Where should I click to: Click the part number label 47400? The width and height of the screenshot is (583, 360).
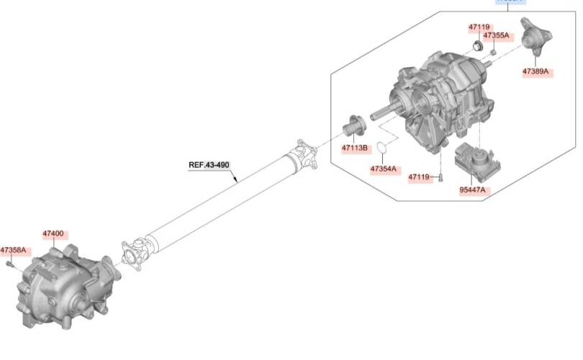[53, 234]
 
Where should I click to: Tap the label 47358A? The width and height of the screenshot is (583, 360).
[13, 250]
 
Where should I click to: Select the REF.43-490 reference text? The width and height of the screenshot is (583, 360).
[209, 165]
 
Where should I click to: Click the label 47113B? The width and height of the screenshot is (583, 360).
[355, 148]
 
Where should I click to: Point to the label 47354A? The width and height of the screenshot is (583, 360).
[383, 168]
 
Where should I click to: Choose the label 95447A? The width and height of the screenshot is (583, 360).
[473, 190]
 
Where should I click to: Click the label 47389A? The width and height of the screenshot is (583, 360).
[535, 71]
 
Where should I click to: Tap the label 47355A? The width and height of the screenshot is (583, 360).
[496, 35]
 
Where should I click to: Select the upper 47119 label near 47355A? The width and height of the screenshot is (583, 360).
[479, 27]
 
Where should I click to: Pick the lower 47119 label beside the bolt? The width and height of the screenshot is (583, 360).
[419, 176]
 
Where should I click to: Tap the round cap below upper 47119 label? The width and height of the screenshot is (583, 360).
[476, 47]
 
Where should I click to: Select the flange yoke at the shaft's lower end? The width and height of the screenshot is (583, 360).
[135, 254]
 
